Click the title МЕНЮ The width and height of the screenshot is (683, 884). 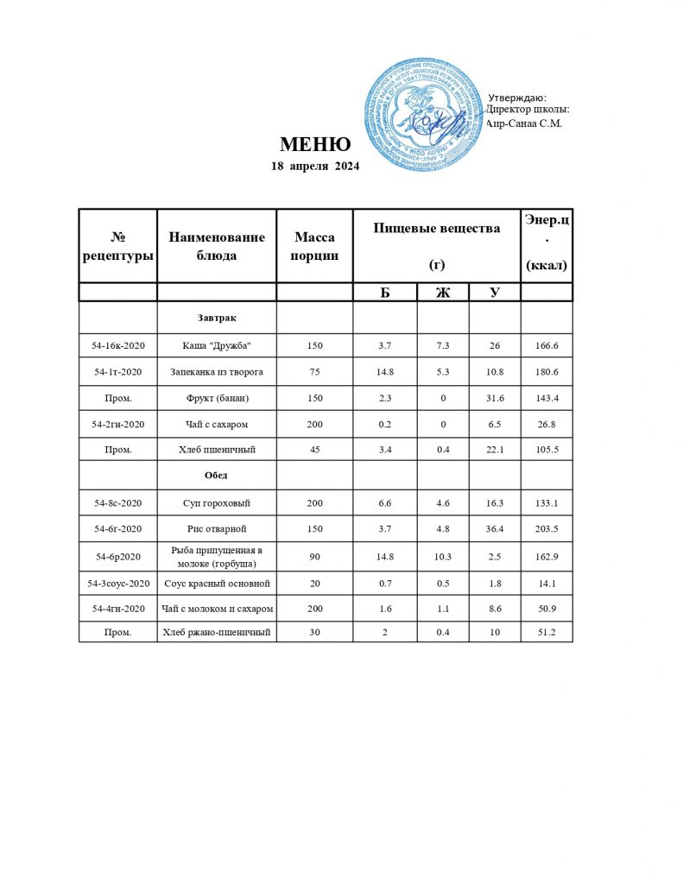point(315,144)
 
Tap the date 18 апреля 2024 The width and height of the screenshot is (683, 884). point(315,166)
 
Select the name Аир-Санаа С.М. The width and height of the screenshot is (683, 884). point(524,123)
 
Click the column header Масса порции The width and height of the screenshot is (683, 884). point(314,245)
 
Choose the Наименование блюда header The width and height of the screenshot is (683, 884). point(217,245)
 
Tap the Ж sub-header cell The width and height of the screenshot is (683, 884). point(443,292)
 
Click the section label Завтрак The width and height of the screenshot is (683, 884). point(217,319)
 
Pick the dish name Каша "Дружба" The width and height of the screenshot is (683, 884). point(217,345)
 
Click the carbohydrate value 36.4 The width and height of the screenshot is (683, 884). point(494,527)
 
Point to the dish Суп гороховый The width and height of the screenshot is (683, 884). point(217,502)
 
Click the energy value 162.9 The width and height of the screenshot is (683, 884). point(547,557)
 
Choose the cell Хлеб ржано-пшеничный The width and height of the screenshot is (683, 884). point(217,633)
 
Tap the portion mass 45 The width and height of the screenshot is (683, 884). point(314,450)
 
